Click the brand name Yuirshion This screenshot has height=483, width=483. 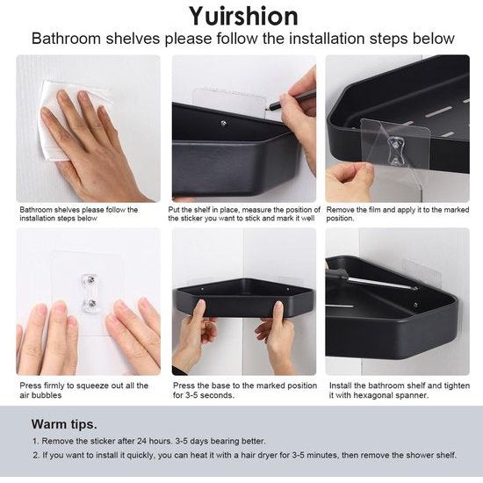click(x=243, y=16)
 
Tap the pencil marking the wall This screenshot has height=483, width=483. click(x=290, y=99)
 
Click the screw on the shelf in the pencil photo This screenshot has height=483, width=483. click(x=224, y=123)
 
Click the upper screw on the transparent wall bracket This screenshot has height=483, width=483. click(x=90, y=279)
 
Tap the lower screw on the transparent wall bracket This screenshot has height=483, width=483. click(x=90, y=304)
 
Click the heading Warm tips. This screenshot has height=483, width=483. click(x=64, y=424)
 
